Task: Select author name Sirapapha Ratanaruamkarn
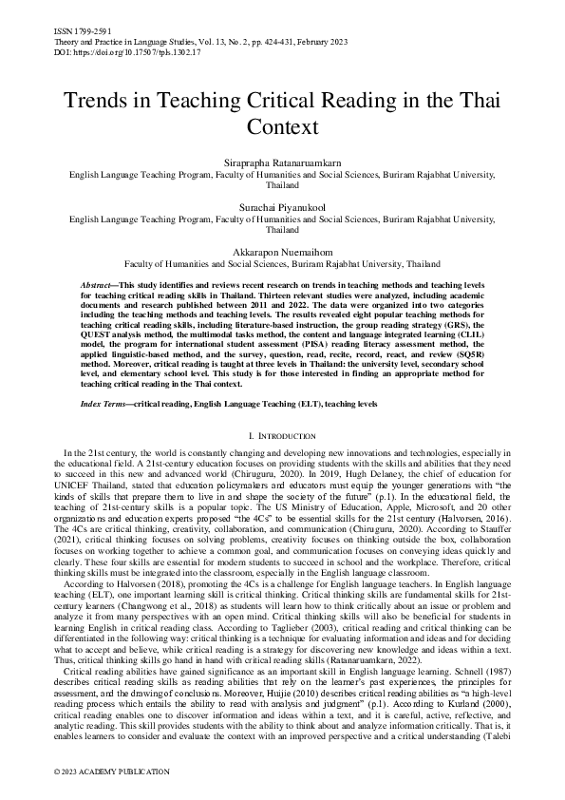click(x=282, y=163)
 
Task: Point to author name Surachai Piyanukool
click(x=282, y=207)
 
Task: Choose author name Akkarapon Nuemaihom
click(x=282, y=251)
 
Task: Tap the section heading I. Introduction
click(x=282, y=435)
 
